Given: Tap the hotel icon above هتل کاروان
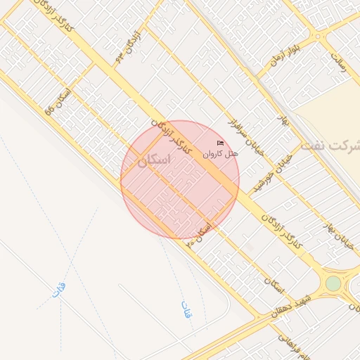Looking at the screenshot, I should click(x=221, y=143).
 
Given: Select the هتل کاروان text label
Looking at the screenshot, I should click(x=221, y=153).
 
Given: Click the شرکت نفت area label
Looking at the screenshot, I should click(x=330, y=146).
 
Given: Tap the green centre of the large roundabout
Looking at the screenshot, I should click(x=333, y=283).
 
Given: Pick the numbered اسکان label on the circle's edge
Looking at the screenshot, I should click(x=201, y=233).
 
